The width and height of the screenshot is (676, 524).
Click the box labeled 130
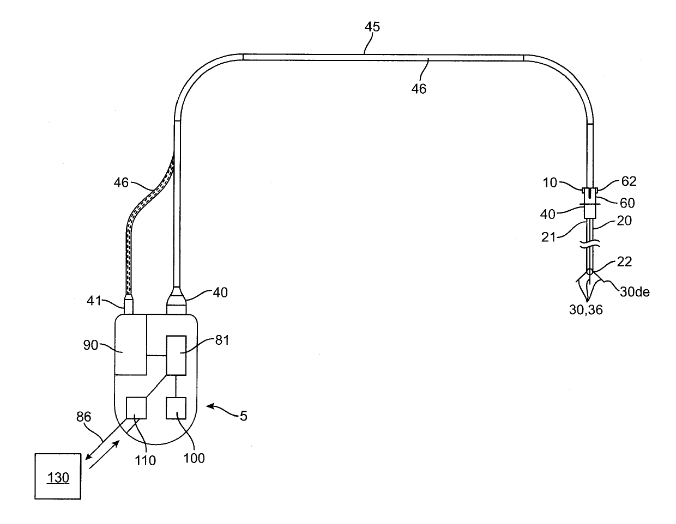58,476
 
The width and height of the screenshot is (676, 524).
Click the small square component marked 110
136,407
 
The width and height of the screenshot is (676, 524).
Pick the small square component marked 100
176,408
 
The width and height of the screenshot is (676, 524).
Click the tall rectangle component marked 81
176,355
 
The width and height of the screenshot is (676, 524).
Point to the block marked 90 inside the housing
131,344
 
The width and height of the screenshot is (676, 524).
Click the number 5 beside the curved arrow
243,416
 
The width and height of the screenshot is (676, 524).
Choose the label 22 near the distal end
625,262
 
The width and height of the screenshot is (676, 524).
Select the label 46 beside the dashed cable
122,182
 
